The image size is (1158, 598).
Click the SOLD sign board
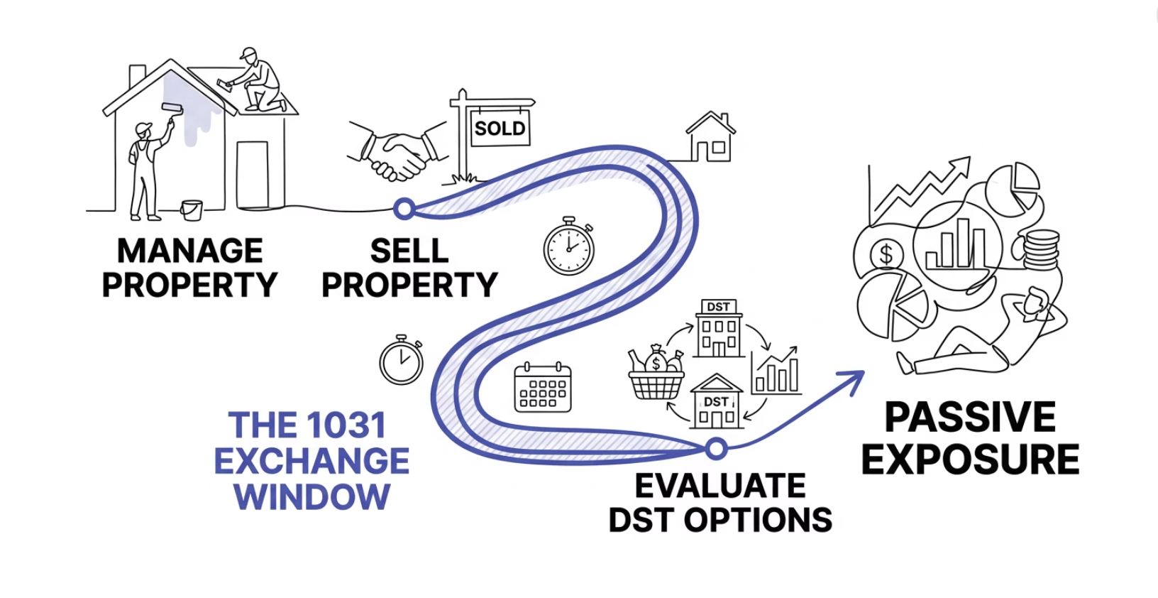[x=500, y=129]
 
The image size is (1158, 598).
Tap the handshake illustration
[x=397, y=151]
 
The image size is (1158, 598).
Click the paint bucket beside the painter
[x=192, y=210]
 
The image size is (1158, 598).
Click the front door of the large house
[x=252, y=173]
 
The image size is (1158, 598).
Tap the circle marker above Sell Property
[x=404, y=209]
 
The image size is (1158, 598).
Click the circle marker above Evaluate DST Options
[x=717, y=448]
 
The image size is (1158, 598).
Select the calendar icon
[x=543, y=387]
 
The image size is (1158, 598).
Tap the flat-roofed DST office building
[x=718, y=328]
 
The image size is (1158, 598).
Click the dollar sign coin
[x=886, y=254]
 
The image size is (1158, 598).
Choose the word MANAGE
[x=190, y=251]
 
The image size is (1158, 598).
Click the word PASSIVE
[x=970, y=417]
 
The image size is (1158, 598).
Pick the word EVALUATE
[x=720, y=486]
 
